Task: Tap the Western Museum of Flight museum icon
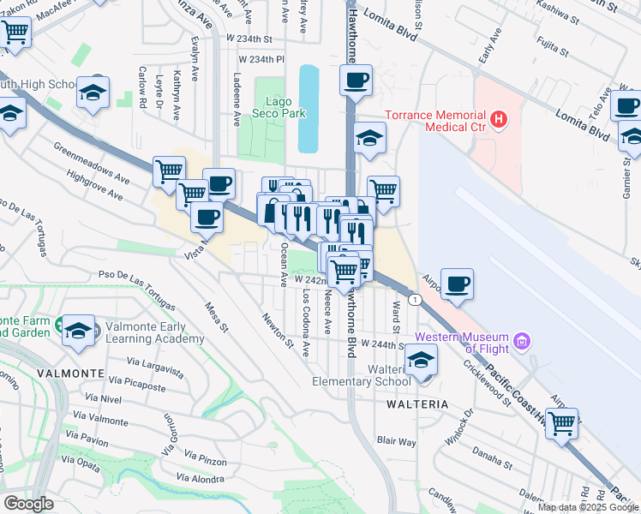pyautogui.click(x=521, y=343)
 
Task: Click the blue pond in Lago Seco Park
pyautogui.click(x=307, y=107)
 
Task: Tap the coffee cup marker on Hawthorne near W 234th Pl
pyautogui.click(x=356, y=81)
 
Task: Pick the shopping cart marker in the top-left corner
pyautogui.click(x=15, y=33)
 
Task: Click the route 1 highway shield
pyautogui.click(x=414, y=299)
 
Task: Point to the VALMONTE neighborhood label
pyautogui.click(x=72, y=374)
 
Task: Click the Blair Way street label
pyautogui.click(x=396, y=442)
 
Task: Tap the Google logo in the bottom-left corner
pyautogui.click(x=29, y=503)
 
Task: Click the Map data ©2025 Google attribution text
pyautogui.click(x=587, y=507)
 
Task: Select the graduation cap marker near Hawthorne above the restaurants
pyautogui.click(x=369, y=138)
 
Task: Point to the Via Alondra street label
pyautogui.click(x=199, y=478)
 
